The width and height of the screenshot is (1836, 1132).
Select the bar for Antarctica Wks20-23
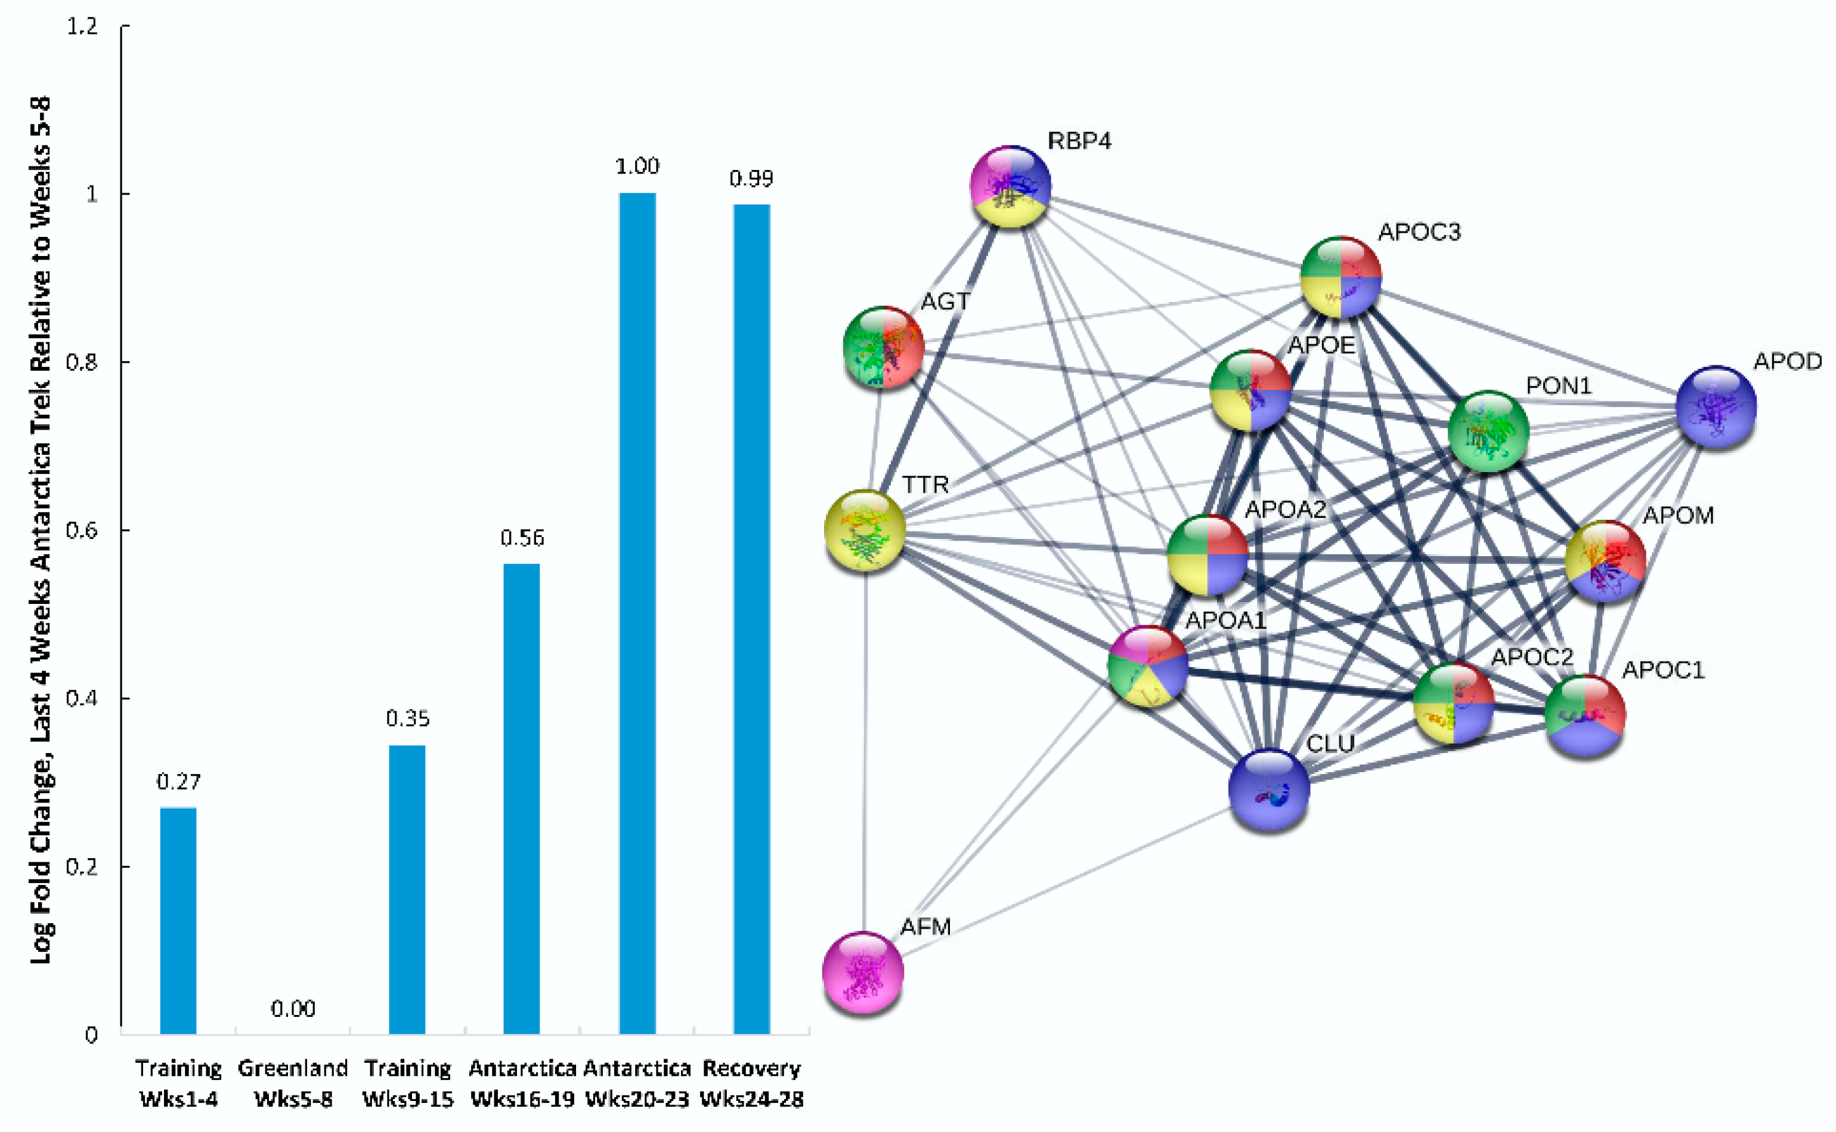(x=637, y=614)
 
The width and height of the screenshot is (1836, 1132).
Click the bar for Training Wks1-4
(x=178, y=921)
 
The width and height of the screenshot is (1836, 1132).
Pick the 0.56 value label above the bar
(x=522, y=538)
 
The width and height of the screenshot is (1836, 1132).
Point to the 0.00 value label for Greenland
(x=293, y=1009)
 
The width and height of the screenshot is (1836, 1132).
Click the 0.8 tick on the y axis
(x=83, y=362)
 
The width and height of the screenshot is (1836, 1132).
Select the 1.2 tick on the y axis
(x=83, y=26)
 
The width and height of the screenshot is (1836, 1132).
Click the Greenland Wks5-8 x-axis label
(x=293, y=1083)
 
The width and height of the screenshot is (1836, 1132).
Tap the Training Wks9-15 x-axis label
(x=408, y=1083)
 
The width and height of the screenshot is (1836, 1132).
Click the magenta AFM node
(x=863, y=972)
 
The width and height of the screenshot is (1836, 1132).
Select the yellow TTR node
(x=865, y=530)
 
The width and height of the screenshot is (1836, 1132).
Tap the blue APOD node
(x=1716, y=406)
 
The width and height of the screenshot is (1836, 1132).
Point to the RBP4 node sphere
(x=1010, y=186)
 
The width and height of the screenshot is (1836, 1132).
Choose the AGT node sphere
(x=884, y=347)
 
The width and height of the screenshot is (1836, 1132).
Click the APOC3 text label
(x=1419, y=232)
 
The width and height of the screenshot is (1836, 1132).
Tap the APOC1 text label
(x=1662, y=670)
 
